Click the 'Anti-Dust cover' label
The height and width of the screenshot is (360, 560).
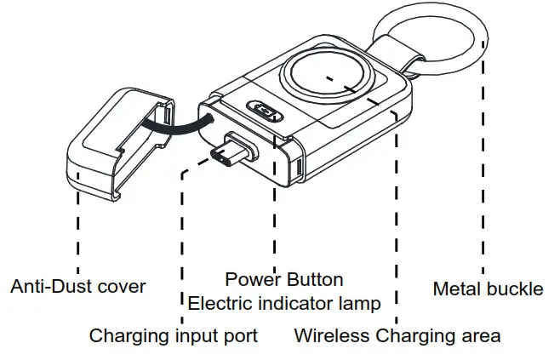pos(77,287)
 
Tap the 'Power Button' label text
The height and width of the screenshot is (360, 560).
pos(284,279)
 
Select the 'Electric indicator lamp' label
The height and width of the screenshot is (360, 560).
pos(284,303)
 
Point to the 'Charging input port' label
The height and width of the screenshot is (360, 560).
pos(174,335)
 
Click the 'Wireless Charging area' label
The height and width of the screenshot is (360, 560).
pos(397,335)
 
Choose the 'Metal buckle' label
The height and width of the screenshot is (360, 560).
pos(488,289)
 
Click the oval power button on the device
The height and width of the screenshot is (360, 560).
pos(265,112)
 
